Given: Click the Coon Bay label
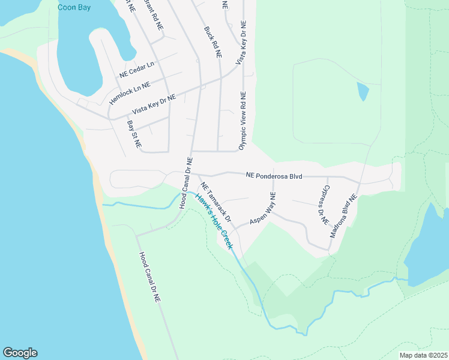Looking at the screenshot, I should pyautogui.click(x=74, y=7).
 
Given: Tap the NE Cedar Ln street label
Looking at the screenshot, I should pyautogui.click(x=137, y=70).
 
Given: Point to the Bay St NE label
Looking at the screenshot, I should pyautogui.click(x=134, y=134).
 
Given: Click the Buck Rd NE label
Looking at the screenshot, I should pyautogui.click(x=213, y=41).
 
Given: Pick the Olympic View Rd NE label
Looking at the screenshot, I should pyautogui.click(x=243, y=121).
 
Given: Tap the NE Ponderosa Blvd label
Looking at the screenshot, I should pyautogui.click(x=273, y=176).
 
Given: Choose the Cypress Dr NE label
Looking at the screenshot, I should pyautogui.click(x=325, y=204).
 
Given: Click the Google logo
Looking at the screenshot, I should pyautogui.click(x=20, y=353).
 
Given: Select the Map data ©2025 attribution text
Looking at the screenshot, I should pyautogui.click(x=424, y=355).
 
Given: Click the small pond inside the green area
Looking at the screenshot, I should pyautogui.click(x=363, y=91).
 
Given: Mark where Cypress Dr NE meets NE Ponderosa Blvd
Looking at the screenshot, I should pyautogui.click(x=327, y=177).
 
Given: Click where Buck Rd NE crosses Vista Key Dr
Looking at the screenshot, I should pyautogui.click(x=221, y=78).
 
